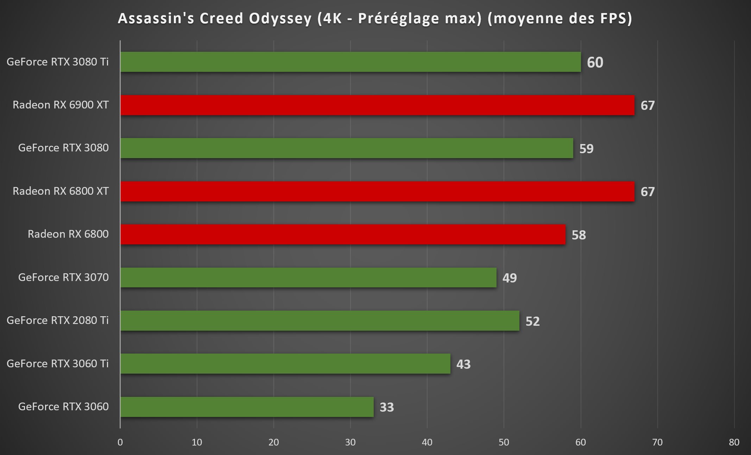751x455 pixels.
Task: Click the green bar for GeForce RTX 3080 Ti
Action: [x=350, y=62]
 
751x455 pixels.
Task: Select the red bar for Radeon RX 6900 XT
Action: [x=377, y=105]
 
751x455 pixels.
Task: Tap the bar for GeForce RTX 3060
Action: [x=247, y=407]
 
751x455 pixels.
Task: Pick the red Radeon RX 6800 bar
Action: [x=342, y=235]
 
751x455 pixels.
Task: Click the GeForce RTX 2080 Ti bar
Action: [x=320, y=320]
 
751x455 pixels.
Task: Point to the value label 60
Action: [x=595, y=62]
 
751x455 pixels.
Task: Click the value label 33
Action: [x=386, y=407]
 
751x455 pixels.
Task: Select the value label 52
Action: [x=532, y=321]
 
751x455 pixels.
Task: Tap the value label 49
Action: [x=509, y=278]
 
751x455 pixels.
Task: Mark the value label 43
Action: [x=463, y=364]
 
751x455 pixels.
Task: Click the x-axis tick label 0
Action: [x=120, y=442]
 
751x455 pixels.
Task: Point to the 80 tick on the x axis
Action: [x=734, y=442]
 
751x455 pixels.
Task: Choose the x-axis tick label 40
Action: [x=427, y=442]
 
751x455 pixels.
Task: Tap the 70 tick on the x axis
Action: [x=657, y=442]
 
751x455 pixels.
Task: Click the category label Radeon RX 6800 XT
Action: [x=61, y=191]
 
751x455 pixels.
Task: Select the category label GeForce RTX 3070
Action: [x=63, y=277]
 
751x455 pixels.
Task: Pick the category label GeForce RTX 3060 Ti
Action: [x=57, y=363]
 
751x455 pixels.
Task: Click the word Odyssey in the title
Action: [x=280, y=19]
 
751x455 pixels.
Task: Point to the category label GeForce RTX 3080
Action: [x=63, y=148]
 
